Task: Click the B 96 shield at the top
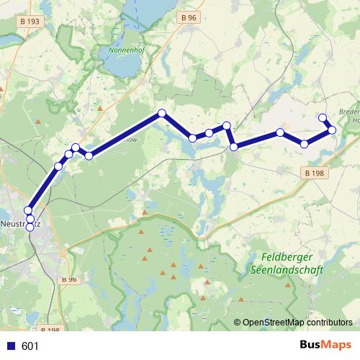188,17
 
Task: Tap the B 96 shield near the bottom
68,279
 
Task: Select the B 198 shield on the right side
314,173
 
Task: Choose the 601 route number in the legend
30,346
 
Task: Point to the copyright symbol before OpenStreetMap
237,323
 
